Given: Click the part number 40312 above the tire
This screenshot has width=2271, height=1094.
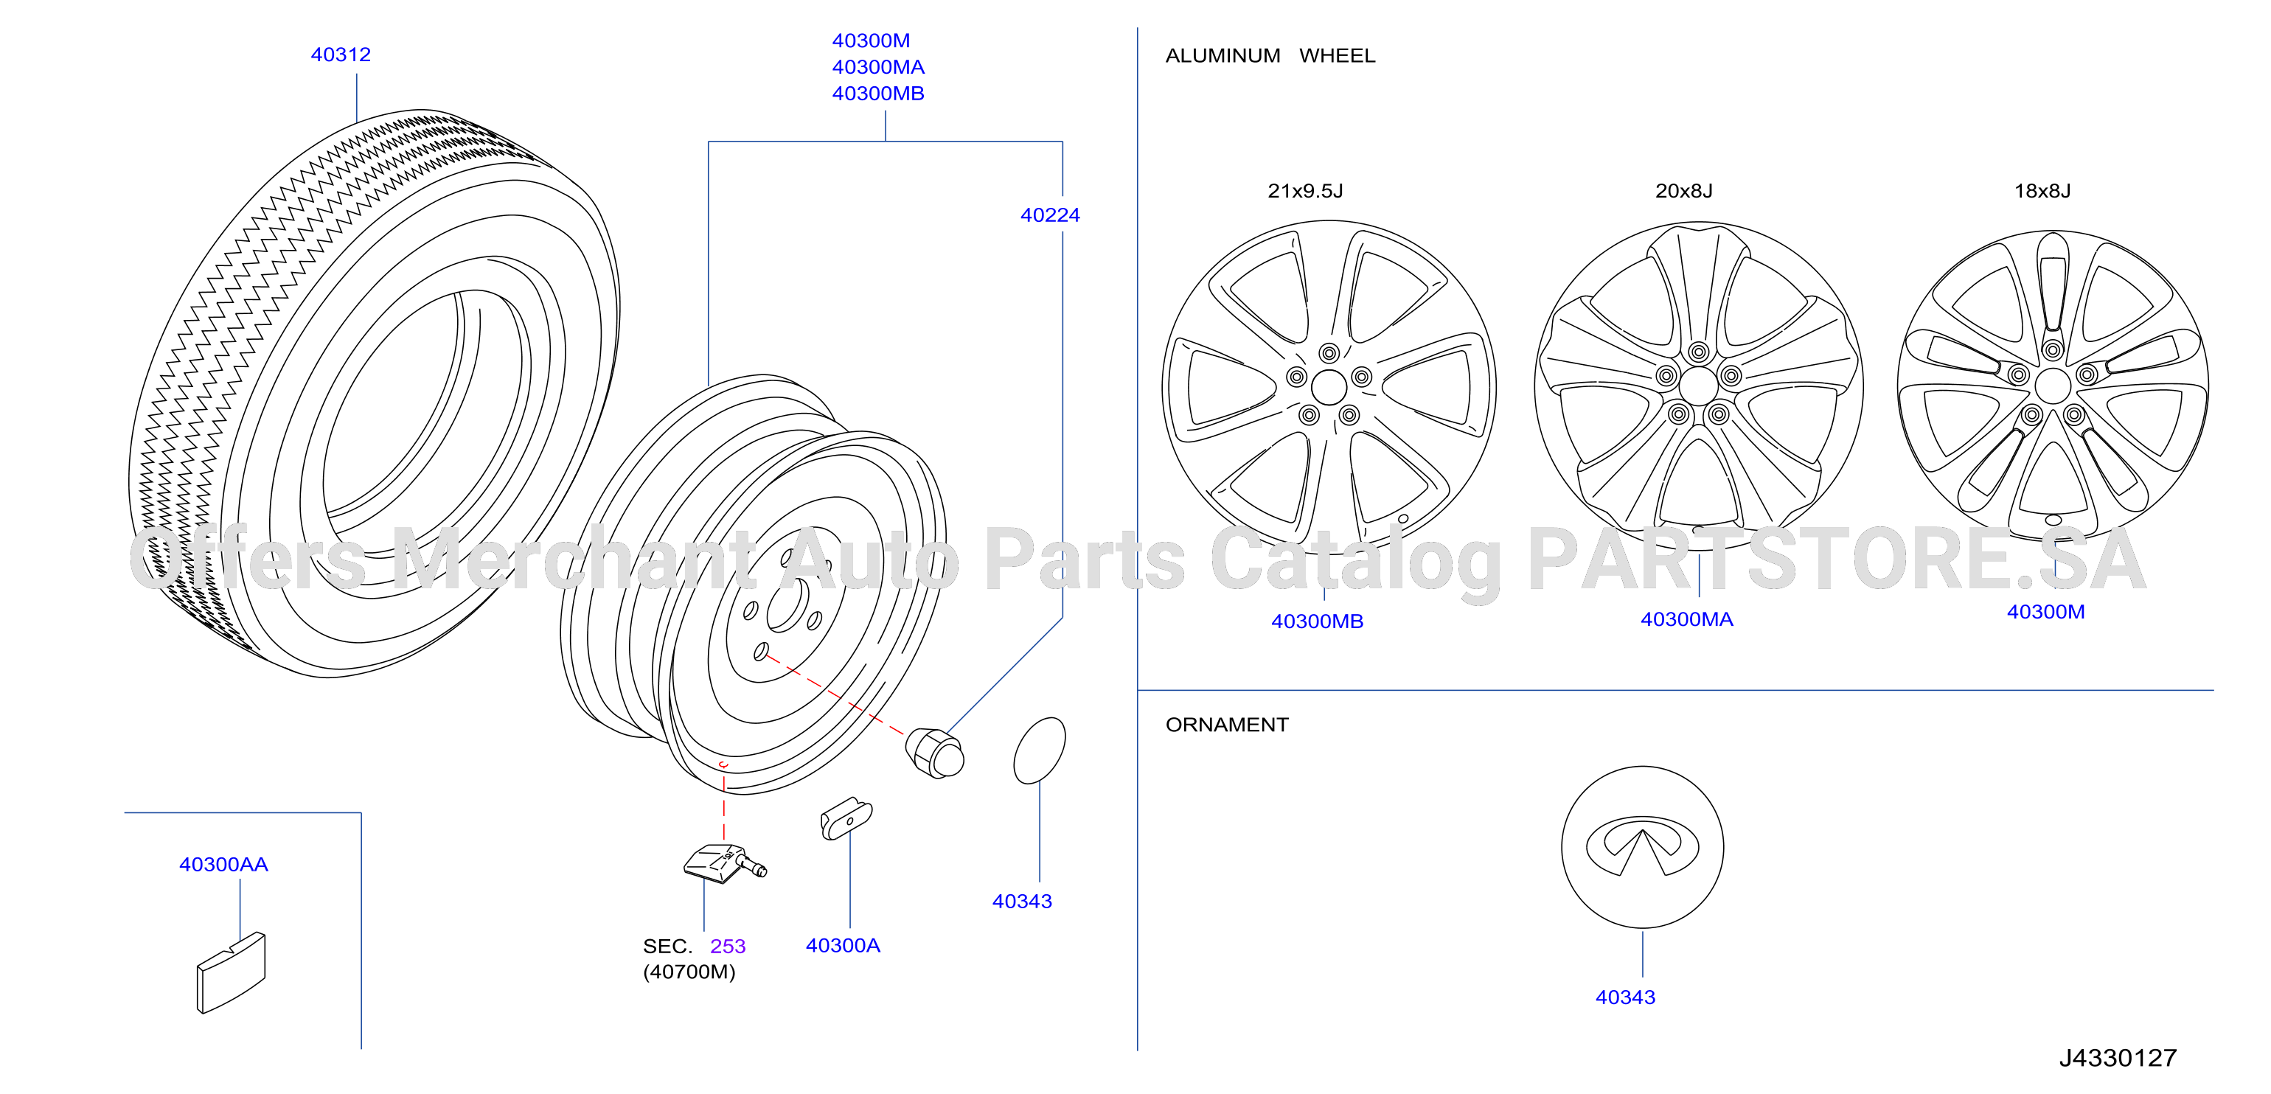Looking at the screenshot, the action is pos(341,55).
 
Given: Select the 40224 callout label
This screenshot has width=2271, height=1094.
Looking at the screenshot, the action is pos(1050,215).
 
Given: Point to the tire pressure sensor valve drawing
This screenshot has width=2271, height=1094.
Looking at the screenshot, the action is pos(725,863).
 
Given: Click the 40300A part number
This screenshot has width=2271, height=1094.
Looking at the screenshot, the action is pos(843,945).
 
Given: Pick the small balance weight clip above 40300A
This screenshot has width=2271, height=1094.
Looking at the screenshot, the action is pos(846,819).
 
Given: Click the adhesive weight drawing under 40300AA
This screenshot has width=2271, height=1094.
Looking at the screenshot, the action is pos(231,972).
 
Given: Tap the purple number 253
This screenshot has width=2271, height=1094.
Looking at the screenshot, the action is pos(728,946).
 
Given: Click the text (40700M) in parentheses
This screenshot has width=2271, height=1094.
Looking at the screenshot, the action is pos(689,972).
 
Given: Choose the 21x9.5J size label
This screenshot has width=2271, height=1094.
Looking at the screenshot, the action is pos(1305,190).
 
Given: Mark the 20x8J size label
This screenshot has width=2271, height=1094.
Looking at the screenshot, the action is pos(1684,190).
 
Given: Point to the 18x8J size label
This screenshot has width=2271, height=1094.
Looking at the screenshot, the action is pos(2042,190).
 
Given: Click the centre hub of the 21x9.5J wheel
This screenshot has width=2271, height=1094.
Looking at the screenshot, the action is pos(1329,387).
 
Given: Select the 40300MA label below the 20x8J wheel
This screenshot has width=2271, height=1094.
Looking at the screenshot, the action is pos(1686,620).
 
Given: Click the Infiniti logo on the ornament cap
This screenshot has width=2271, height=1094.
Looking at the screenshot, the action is pos(1643,846).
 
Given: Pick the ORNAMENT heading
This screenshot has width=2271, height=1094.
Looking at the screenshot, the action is pos(1226,725).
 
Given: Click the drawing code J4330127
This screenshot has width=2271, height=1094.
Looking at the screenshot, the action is pos(2118,1058).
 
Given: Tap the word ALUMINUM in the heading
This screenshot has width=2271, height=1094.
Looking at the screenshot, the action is pos(1223,55).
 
